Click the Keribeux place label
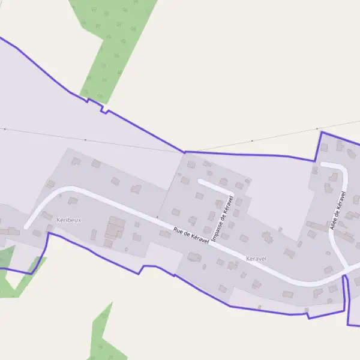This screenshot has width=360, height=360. [x=68, y=220]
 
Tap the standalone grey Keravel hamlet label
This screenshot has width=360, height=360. [x=256, y=259]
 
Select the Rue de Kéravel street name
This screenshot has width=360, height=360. [x=191, y=235]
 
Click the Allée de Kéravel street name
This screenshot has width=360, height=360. [x=338, y=211]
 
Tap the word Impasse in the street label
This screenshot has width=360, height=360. [x=217, y=230]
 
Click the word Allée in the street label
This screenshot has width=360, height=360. [x=334, y=223]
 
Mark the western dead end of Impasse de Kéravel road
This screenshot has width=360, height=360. [x=200, y=181]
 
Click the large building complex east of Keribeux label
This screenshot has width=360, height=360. [x=115, y=229]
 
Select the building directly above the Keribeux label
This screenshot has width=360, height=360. [x=73, y=200]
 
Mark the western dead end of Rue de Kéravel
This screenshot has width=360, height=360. [x=26, y=226]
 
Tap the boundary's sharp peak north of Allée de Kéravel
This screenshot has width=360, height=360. [x=322, y=132]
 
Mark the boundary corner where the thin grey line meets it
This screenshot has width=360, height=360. [x=184, y=152]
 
